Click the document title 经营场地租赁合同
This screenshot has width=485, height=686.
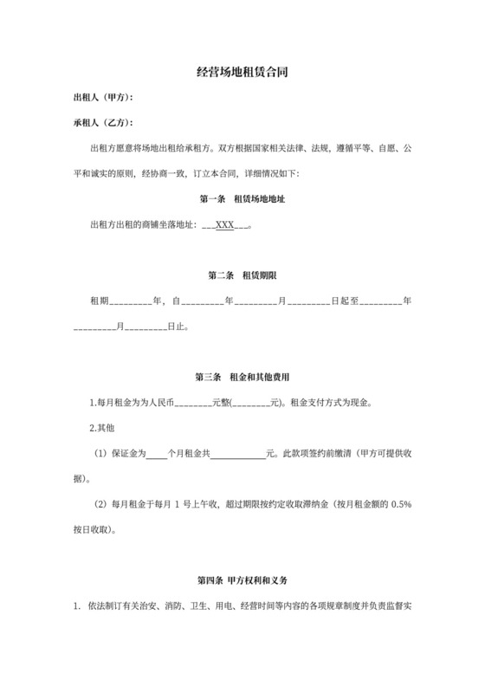tap(242, 74)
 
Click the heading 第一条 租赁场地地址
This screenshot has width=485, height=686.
tap(242, 199)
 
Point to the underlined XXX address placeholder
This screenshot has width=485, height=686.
tap(225, 225)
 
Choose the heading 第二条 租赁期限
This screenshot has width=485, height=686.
tap(242, 275)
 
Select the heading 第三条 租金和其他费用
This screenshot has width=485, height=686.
tap(242, 377)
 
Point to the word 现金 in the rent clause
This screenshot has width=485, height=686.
tap(360, 403)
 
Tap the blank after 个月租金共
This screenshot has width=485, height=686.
tap(237, 453)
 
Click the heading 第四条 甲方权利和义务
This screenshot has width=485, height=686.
tap(242, 579)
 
